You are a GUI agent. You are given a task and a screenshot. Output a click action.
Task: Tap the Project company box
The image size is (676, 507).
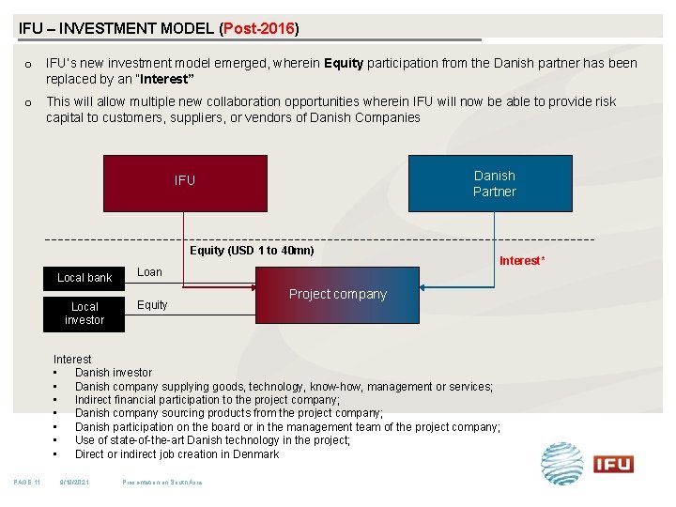pos(338,295)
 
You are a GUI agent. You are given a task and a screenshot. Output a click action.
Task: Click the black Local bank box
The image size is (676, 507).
pos(84,278)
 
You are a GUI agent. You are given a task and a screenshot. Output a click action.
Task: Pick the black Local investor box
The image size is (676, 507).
pos(84,314)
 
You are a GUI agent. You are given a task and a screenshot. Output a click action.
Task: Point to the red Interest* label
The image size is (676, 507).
pos(521,261)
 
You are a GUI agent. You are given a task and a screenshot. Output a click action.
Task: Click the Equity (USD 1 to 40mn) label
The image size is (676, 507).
pos(252,251)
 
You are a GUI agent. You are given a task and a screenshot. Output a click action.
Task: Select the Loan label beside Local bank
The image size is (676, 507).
pos(149,272)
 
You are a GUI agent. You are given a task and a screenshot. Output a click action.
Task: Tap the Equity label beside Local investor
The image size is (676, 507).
pos(152,305)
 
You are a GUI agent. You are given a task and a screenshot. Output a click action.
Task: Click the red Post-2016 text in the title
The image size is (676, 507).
pos(259,28)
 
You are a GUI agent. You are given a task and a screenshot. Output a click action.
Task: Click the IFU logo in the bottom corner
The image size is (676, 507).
pos(613,464)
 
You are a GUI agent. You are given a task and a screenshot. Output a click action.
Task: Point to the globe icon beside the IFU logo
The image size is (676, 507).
pos(562,463)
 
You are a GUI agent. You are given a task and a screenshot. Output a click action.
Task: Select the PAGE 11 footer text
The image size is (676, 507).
pos(26,483)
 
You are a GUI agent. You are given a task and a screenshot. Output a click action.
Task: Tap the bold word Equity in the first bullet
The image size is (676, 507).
pos(344,64)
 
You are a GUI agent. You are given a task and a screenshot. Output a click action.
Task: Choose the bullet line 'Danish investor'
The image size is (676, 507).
pos(113,373)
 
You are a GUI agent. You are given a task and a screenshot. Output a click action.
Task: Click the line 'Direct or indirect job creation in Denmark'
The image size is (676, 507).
pos(177,453)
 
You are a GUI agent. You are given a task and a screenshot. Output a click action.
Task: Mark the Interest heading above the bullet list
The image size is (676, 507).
pos(72,360)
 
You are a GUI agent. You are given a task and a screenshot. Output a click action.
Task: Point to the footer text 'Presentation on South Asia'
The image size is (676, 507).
pos(162,483)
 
